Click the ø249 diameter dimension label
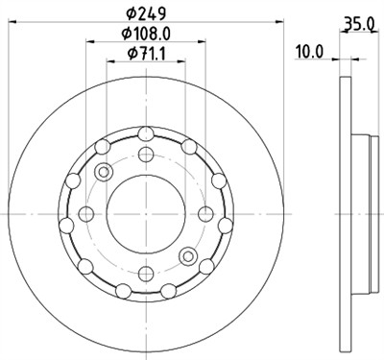tap(144, 13)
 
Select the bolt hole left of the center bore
tap(86, 213)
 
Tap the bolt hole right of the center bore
tap(204, 213)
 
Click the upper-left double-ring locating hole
tap(104, 171)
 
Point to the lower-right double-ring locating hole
tap(187, 255)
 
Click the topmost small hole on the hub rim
tap(145, 134)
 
